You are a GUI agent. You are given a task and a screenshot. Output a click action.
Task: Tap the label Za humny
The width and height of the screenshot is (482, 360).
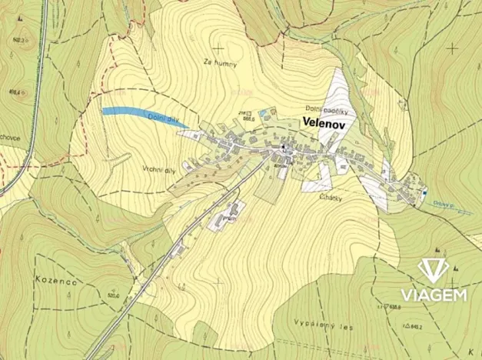click(221, 63)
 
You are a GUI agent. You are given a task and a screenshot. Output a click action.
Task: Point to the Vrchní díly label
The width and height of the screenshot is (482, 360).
click(160, 168)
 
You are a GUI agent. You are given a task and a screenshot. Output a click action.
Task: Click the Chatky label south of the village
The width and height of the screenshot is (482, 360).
click(330, 198)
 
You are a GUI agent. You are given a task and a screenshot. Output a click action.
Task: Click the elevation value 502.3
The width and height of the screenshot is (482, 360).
click(20, 39)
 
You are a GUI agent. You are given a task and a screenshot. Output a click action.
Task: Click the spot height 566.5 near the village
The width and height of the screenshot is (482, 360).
click(248, 120)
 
